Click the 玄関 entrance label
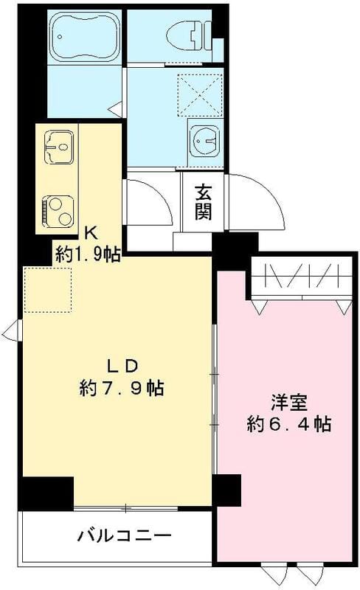[204, 202]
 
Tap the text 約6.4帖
[288, 424]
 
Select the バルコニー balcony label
[124, 534]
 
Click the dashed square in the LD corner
[48, 290]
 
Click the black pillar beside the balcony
[47, 492]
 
